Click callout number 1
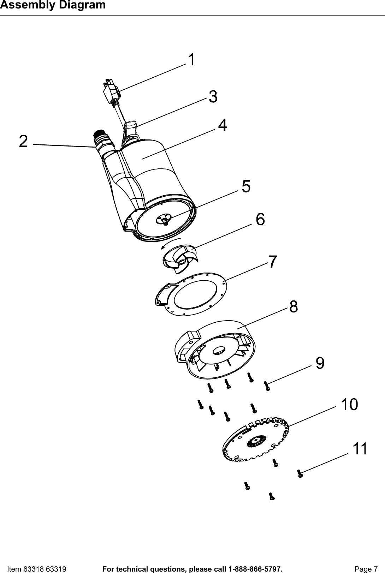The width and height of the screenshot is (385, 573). pyautogui.click(x=191, y=60)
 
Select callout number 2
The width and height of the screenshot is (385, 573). pyautogui.click(x=23, y=142)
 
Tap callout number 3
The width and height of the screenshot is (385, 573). pyautogui.click(x=213, y=97)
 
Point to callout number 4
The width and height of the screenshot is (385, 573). pyautogui.click(x=223, y=125)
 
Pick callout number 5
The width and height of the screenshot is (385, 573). pyautogui.click(x=246, y=186)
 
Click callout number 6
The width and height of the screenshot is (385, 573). pyautogui.click(x=260, y=220)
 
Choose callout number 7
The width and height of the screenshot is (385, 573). pyautogui.click(x=272, y=262)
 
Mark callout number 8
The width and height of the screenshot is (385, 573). pyautogui.click(x=294, y=307)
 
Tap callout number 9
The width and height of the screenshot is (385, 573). pyautogui.click(x=320, y=363)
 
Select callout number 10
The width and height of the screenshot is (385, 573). pyautogui.click(x=349, y=405)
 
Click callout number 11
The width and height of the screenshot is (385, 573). pyautogui.click(x=360, y=449)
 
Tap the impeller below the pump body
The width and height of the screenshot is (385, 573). pyautogui.click(x=180, y=259)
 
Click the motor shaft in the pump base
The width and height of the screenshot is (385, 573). pyautogui.click(x=165, y=221)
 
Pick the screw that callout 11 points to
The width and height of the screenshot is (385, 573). pyautogui.click(x=300, y=474)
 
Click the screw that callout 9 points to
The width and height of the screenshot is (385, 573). pyautogui.click(x=267, y=386)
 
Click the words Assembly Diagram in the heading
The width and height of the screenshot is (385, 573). pyautogui.click(x=53, y=5)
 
